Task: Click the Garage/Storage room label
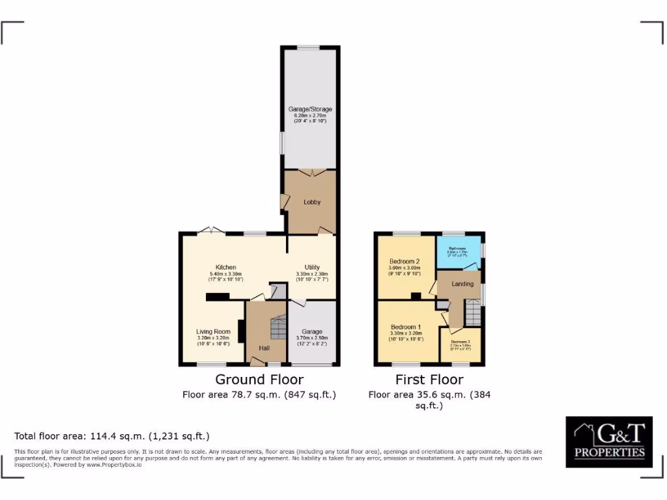(x=310, y=109)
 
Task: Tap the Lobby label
(x=312, y=202)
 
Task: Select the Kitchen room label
(x=225, y=267)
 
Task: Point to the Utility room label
(x=312, y=267)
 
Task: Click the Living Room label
(x=213, y=331)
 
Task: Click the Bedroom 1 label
(x=406, y=327)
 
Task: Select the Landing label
(x=462, y=284)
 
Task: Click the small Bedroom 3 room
(x=460, y=346)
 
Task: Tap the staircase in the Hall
(x=278, y=326)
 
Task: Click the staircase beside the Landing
(x=472, y=316)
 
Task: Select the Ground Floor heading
(x=259, y=379)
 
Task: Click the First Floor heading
(x=429, y=379)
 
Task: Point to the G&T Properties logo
(x=608, y=441)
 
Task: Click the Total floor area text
(x=111, y=436)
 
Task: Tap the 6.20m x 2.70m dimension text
(x=310, y=115)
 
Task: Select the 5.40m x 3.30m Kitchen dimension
(x=225, y=273)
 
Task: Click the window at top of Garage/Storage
(x=309, y=47)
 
